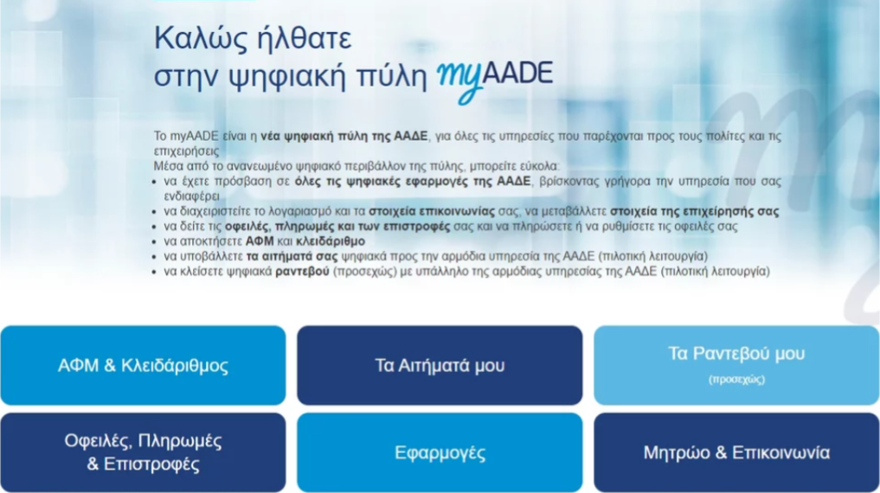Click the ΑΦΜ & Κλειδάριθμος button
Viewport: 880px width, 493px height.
tap(143, 365)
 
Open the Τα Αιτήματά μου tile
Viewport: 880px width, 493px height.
tap(440, 365)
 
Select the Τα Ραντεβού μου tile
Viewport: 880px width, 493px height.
tap(736, 365)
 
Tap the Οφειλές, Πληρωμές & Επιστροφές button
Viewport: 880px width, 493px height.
tap(143, 452)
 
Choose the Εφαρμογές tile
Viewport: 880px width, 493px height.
tap(440, 452)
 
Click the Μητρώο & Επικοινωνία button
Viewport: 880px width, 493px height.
tap(736, 452)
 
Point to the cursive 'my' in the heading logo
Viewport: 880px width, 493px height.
tap(459, 80)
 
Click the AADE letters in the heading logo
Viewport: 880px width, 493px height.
tap(517, 74)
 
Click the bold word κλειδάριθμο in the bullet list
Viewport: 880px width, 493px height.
tap(331, 241)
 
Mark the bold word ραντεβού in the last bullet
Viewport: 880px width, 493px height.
tap(302, 272)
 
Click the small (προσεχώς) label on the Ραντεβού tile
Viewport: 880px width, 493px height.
tap(736, 380)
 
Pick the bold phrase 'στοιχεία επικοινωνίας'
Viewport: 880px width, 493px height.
tap(432, 211)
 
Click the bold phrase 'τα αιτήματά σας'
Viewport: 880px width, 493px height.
tap(292, 256)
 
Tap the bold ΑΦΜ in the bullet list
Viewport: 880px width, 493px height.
tap(260, 241)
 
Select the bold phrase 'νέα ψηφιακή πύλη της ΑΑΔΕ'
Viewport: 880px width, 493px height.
tap(344, 137)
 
